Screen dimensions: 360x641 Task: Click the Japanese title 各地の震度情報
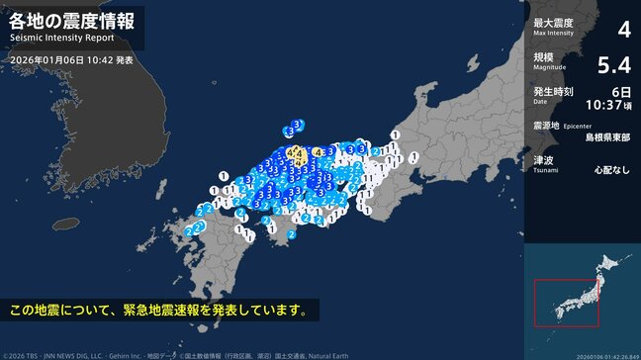pos(68,21)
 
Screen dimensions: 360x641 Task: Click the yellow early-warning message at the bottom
pos(158,311)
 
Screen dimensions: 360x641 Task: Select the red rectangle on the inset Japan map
pos(566,303)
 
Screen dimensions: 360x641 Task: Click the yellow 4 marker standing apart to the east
pos(318,151)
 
